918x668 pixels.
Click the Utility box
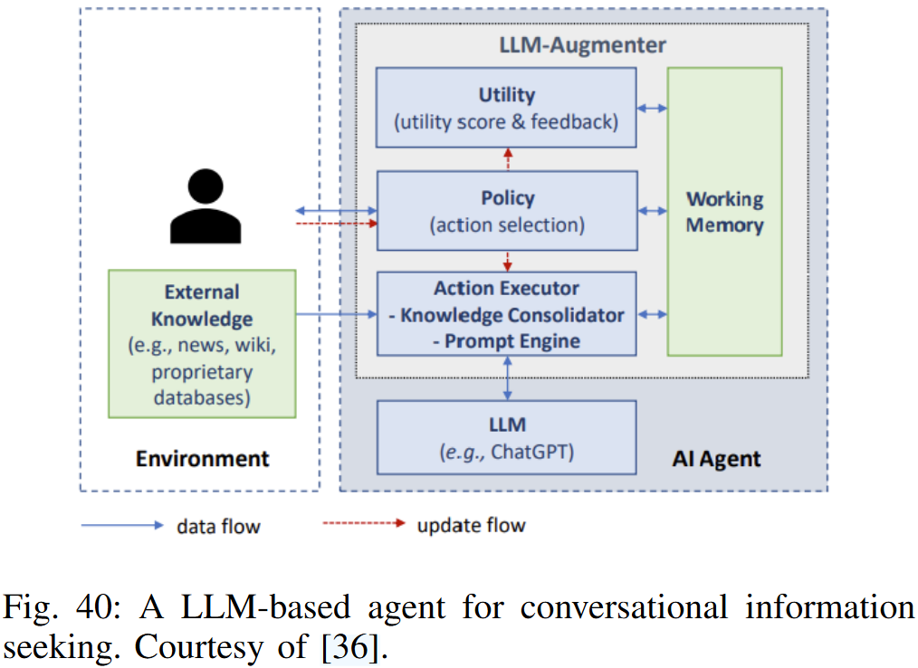(506, 108)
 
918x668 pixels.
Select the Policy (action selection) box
(506, 211)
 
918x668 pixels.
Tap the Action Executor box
(506, 314)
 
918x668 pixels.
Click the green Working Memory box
(724, 211)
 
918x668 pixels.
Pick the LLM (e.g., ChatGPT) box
(506, 437)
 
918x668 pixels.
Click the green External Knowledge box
(202, 343)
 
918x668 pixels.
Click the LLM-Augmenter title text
(583, 44)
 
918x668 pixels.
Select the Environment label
(202, 458)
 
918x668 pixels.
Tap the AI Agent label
(716, 459)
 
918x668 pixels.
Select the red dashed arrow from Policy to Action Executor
(507, 262)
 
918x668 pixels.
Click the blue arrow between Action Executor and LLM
(507, 378)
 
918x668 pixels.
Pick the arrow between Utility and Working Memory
(652, 108)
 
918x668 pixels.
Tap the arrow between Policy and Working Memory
(652, 211)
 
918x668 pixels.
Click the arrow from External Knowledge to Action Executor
(335, 314)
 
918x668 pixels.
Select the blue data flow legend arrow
(121, 525)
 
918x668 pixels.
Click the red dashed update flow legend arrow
(362, 524)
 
